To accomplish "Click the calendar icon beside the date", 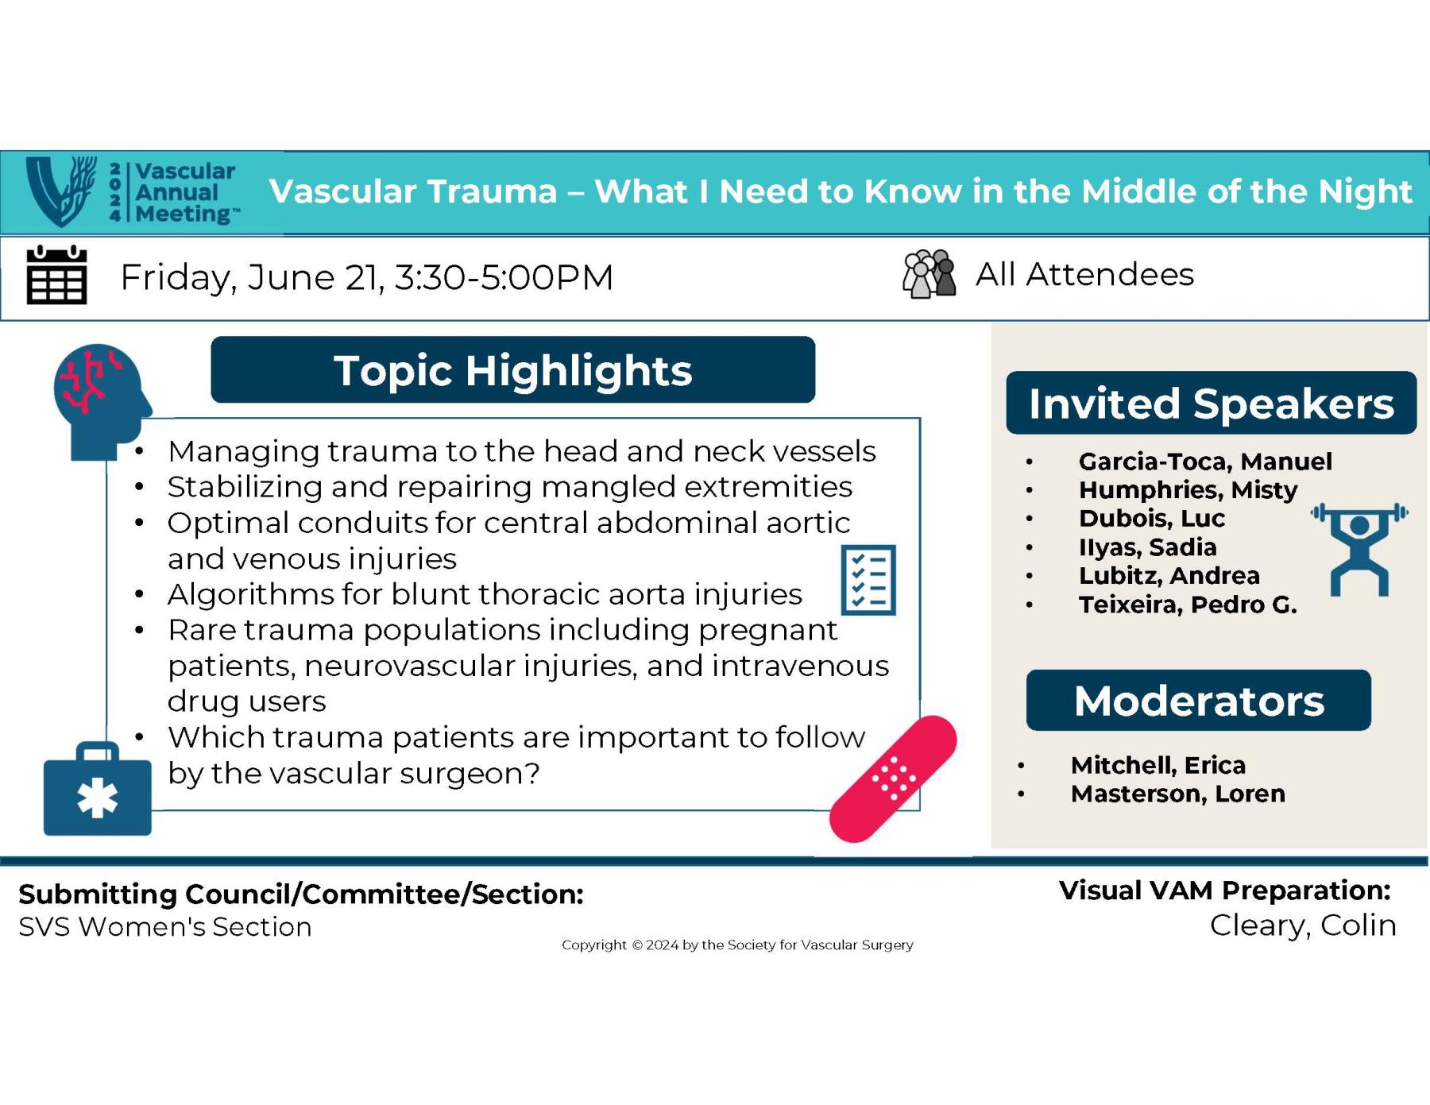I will (x=56, y=276).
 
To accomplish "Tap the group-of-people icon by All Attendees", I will (x=929, y=275).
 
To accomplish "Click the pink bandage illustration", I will (x=893, y=779).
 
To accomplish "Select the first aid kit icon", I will (x=97, y=790).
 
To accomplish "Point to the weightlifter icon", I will (x=1359, y=549).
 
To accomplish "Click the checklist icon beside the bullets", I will (x=868, y=580).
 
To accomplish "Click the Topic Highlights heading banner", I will (x=512, y=370).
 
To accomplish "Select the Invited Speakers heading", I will (x=1211, y=404).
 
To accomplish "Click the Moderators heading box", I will (x=1198, y=701).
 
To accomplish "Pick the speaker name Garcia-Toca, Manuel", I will (x=1204, y=462).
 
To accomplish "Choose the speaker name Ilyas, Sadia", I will (x=1147, y=547).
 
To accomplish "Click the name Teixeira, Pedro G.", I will (x=1187, y=605).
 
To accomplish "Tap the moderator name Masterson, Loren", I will (x=1177, y=794).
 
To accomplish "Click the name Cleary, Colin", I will (x=1303, y=925).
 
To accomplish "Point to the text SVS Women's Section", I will (x=165, y=927).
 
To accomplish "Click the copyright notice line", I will (x=737, y=945).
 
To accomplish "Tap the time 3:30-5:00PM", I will (x=504, y=277).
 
